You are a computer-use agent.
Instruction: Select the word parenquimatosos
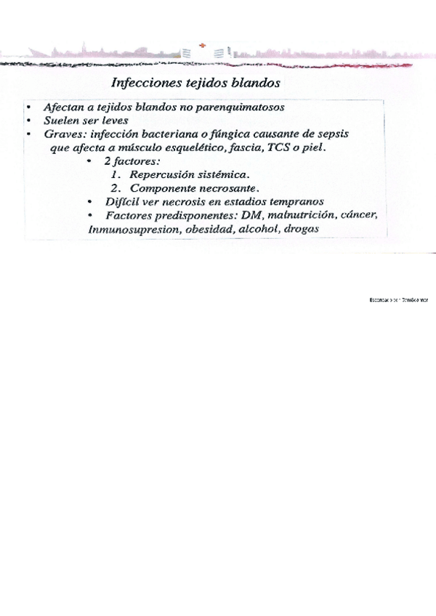click(239, 107)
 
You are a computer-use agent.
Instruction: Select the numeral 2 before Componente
click(115, 188)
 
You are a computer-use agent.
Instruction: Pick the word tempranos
click(293, 201)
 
